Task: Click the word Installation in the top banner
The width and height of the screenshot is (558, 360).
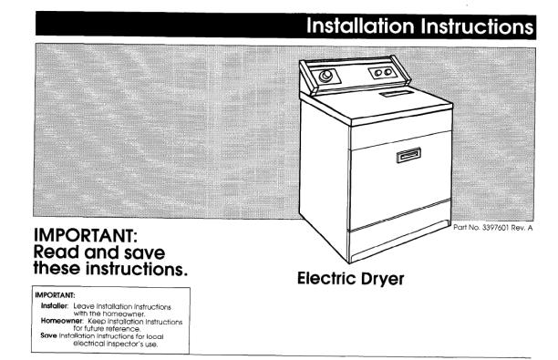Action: click(x=360, y=26)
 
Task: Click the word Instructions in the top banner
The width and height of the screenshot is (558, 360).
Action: click(x=477, y=26)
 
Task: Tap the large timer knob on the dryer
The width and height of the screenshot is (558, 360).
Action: click(x=325, y=77)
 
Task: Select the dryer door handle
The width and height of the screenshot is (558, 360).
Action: click(x=408, y=155)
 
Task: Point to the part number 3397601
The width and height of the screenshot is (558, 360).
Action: click(x=495, y=228)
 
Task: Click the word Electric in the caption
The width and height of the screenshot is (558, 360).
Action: click(x=326, y=278)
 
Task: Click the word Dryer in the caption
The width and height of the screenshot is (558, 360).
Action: click(x=383, y=279)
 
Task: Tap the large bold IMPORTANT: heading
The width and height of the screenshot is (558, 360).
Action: click(x=86, y=235)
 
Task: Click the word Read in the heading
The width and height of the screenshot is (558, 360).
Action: click(x=57, y=252)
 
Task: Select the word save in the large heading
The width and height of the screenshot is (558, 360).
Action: click(x=144, y=253)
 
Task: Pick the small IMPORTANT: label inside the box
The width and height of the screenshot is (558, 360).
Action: click(x=55, y=295)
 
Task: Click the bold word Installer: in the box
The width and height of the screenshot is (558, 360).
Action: click(x=54, y=306)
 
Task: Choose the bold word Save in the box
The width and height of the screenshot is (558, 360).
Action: click(x=48, y=335)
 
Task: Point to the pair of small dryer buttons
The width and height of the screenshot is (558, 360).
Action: click(x=383, y=73)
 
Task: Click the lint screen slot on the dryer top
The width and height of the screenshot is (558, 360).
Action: click(x=396, y=94)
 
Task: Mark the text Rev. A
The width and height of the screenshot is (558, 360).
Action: click(x=522, y=228)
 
